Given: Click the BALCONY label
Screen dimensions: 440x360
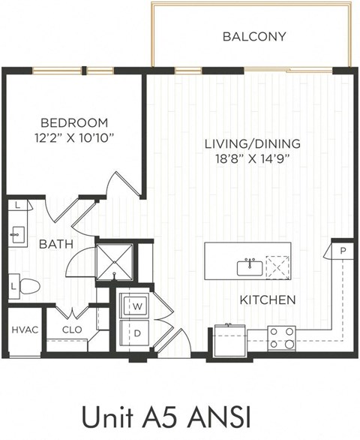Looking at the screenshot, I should pyautogui.click(x=254, y=36).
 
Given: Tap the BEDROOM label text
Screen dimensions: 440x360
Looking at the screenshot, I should pyautogui.click(x=74, y=122).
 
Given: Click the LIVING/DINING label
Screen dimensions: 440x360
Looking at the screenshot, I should pyautogui.click(x=253, y=143).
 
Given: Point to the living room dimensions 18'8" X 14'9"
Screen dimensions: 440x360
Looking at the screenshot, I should pyautogui.click(x=253, y=158).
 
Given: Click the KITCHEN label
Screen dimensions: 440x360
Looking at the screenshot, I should pyautogui.click(x=267, y=300).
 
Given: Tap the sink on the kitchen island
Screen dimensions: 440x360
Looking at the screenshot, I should pyautogui.click(x=249, y=267).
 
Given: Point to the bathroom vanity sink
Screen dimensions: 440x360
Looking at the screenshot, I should pyautogui.click(x=16, y=234).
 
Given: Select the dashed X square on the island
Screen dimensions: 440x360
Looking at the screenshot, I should pyautogui.click(x=278, y=267).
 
